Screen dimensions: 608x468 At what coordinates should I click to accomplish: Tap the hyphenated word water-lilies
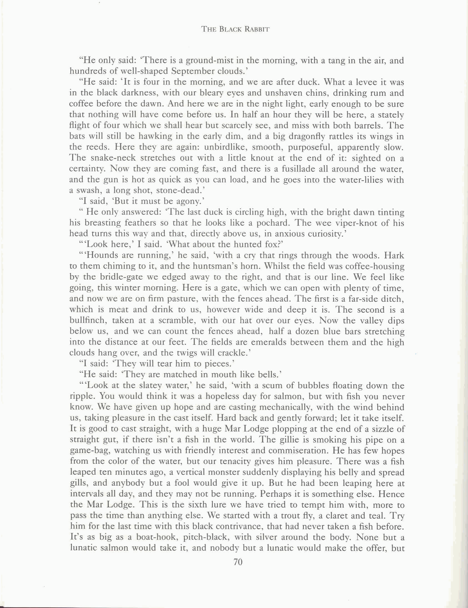365,179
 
